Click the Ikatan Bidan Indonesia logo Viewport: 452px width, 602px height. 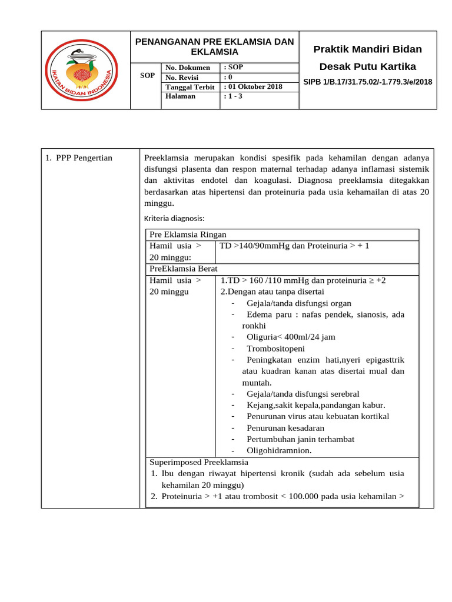point(82,70)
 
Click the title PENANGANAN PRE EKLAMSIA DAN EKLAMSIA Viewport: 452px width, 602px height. point(214,46)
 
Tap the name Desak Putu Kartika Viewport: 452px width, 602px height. point(368,66)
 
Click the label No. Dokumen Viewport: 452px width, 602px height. point(188,68)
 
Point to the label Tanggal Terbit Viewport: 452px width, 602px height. point(190,86)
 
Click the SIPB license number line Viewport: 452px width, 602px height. point(368,82)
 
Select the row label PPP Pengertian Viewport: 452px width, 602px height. point(79,158)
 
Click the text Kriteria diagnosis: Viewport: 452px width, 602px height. point(174,218)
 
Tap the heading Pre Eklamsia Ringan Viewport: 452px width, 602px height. point(188,234)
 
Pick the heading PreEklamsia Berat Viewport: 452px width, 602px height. point(184,268)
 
